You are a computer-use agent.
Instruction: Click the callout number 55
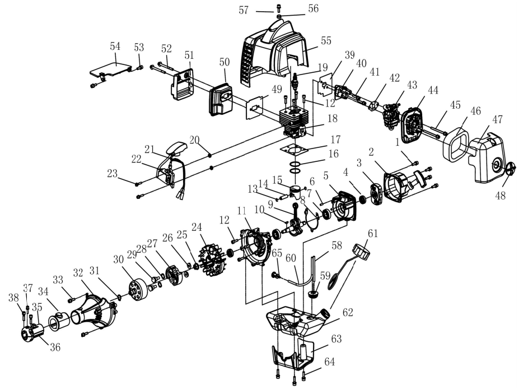[326, 41]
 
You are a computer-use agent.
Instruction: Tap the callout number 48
[500, 196]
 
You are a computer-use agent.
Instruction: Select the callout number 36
[55, 347]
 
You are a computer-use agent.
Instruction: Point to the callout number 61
[372, 233]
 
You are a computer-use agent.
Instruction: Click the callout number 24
[197, 227]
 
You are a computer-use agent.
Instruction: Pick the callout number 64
[329, 361]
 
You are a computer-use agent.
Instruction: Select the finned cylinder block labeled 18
[294, 122]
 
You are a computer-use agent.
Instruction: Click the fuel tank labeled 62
[296, 322]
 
